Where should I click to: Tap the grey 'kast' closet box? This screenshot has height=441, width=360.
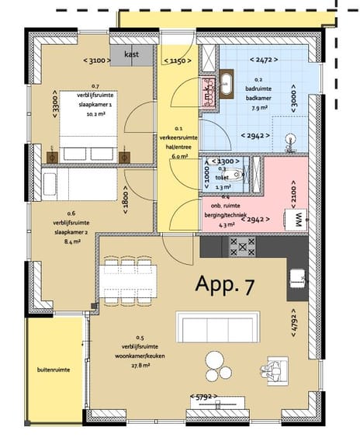[x=132, y=55]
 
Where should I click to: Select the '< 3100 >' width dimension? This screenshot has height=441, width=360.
[x=98, y=61]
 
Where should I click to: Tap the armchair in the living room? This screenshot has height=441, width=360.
[x=274, y=369]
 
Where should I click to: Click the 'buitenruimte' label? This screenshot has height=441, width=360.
[x=54, y=370]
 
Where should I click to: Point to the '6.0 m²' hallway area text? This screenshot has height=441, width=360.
[x=179, y=155]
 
